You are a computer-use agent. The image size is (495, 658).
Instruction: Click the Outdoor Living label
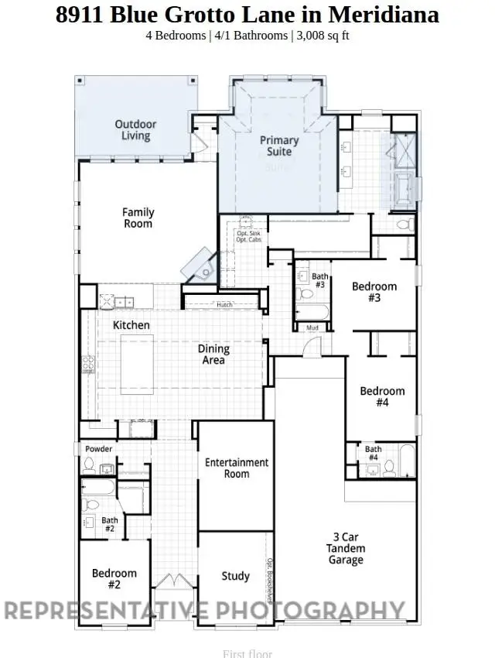(x=135, y=130)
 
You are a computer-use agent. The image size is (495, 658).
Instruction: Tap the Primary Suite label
(x=279, y=146)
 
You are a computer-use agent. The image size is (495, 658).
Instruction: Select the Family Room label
(x=138, y=218)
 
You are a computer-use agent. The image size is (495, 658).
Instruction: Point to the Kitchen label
(x=131, y=325)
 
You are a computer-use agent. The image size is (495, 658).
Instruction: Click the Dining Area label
(x=213, y=355)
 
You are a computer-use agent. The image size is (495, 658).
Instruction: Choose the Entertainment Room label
(x=237, y=468)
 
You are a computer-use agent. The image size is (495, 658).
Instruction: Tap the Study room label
(x=236, y=576)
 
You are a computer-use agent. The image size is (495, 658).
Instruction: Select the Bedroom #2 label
(x=114, y=578)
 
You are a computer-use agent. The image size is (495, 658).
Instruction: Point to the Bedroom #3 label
(x=374, y=292)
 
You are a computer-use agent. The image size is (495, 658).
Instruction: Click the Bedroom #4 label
(x=382, y=396)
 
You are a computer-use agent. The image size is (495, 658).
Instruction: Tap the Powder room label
(x=98, y=449)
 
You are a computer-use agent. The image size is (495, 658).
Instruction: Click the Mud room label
(x=312, y=328)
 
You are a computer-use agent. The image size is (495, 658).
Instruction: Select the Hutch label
(x=224, y=305)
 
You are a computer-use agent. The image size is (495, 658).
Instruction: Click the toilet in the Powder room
(x=90, y=465)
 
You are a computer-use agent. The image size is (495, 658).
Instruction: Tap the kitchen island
(x=137, y=362)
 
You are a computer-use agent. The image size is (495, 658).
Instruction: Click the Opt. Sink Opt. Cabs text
(x=249, y=237)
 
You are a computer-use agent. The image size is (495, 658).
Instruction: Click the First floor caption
(x=247, y=653)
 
